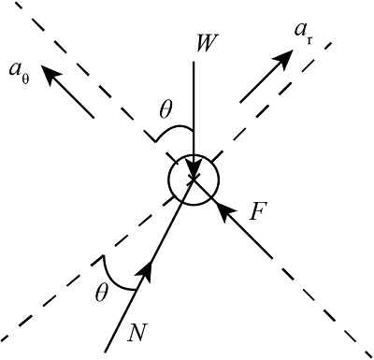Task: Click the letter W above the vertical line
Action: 200,44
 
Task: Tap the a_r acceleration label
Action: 303,33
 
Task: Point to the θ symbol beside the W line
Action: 166,109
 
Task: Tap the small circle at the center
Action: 193,180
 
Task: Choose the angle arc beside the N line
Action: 109,271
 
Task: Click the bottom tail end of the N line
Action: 105,352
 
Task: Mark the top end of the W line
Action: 193,63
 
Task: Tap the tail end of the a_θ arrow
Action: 93,118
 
